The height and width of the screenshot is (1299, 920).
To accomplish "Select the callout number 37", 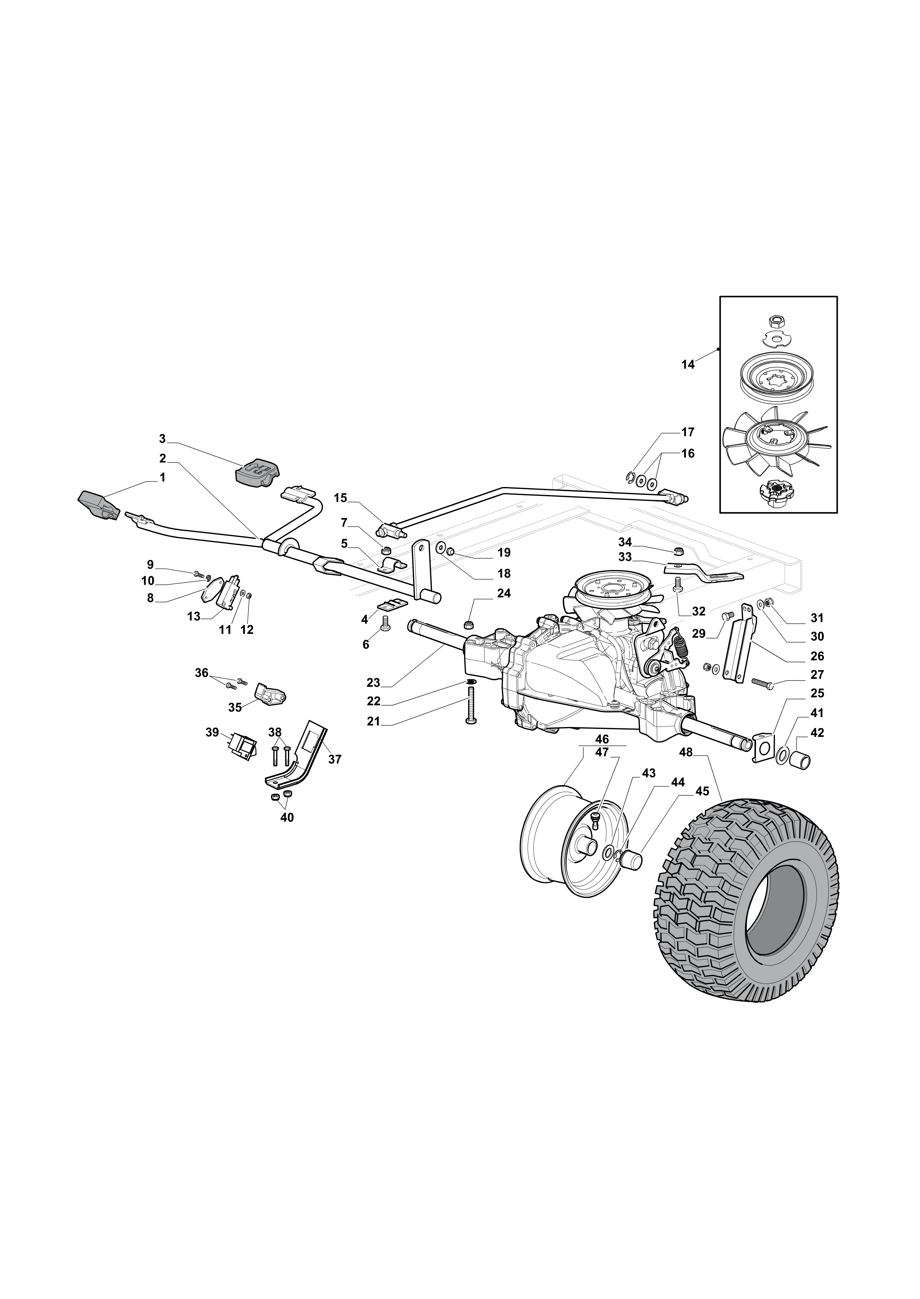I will [335, 759].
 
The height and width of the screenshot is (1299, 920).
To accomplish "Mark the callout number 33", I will [625, 557].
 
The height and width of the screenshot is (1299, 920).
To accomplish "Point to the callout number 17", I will [688, 432].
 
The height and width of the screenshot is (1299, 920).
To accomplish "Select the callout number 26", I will [817, 656].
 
